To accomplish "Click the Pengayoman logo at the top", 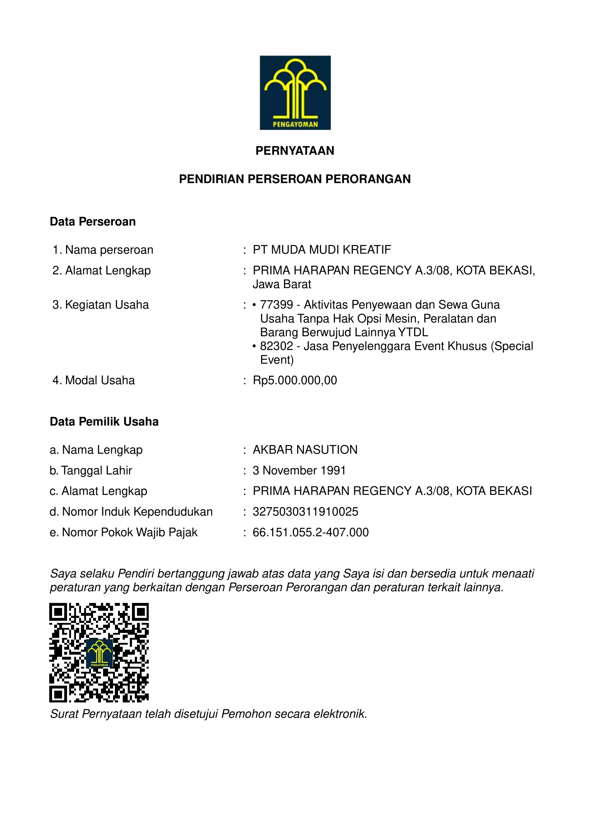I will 295,93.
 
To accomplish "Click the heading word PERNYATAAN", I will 295,151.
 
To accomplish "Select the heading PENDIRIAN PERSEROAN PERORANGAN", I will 295,179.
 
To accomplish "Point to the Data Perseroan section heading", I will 93,221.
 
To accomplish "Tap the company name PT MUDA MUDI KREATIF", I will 322,250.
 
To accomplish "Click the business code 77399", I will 276,305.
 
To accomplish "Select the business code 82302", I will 276,346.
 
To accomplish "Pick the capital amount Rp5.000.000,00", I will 295,380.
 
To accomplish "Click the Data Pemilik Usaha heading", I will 104,422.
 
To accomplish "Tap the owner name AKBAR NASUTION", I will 305,450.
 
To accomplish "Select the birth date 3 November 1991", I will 299,470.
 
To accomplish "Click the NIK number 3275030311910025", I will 305,512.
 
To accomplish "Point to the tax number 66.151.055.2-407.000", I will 311,532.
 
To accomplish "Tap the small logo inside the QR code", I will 99,654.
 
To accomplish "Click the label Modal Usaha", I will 100,380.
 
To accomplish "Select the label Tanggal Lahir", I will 96,470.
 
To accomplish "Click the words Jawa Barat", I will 282,285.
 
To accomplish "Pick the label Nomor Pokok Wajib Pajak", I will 129,532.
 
